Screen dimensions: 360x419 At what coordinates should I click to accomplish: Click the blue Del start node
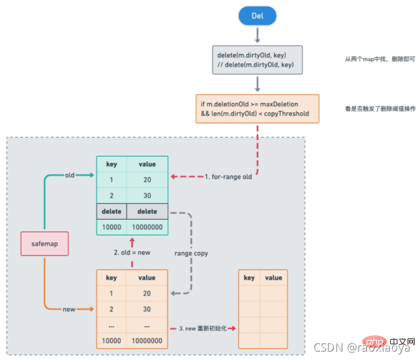point(257,17)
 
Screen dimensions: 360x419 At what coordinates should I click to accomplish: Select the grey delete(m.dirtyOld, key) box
point(257,60)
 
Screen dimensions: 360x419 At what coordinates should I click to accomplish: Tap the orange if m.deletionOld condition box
point(257,109)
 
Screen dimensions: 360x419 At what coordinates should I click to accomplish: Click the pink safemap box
point(44,244)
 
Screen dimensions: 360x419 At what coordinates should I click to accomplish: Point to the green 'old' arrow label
point(70,175)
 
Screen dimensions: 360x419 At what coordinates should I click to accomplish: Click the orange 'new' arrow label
point(69,309)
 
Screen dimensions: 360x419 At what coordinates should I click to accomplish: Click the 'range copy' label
point(191,253)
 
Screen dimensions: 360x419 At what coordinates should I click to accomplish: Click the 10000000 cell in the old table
point(147,227)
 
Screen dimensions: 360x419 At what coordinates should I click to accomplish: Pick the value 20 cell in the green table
point(147,180)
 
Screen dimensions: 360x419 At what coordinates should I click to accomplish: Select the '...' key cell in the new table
point(112,325)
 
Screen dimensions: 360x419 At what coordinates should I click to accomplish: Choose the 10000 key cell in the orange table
point(112,341)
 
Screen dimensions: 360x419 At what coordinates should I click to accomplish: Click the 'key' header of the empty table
point(249,278)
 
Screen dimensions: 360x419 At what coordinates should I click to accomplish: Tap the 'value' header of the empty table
point(273,278)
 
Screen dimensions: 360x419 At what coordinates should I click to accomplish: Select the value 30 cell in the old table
point(147,195)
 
